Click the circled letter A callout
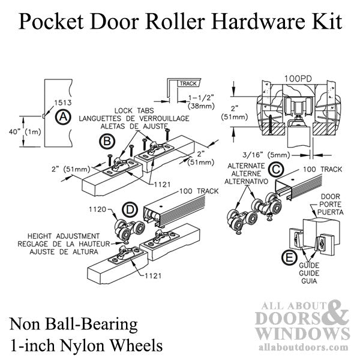pyautogui.click(x=61, y=118)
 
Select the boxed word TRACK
pyautogui.click(x=187, y=84)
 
